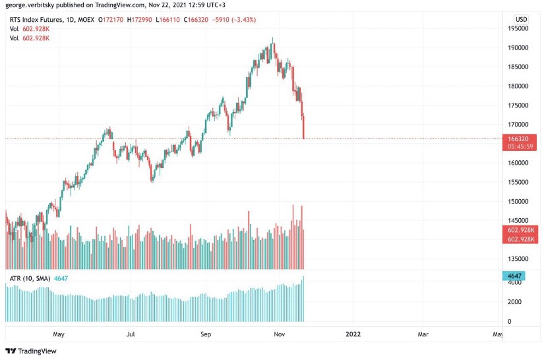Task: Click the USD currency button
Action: pyautogui.click(x=522, y=19)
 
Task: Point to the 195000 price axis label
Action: pyautogui.click(x=518, y=28)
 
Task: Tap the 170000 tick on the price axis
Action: pyautogui.click(x=518, y=125)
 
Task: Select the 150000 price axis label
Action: pyautogui.click(x=518, y=201)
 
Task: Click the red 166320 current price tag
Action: pyautogui.click(x=518, y=138)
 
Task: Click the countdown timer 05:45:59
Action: pyautogui.click(x=520, y=146)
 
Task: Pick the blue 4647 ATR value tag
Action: pyautogui.click(x=514, y=276)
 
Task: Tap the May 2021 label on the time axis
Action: pyautogui.click(x=59, y=334)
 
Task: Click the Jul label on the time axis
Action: pyautogui.click(x=130, y=334)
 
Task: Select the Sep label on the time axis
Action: pyautogui.click(x=206, y=334)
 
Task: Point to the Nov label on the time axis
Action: pyautogui.click(x=280, y=334)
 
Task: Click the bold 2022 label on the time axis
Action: pyautogui.click(x=353, y=334)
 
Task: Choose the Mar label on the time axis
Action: pyautogui.click(x=423, y=334)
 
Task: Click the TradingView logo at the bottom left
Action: pyautogui.click(x=31, y=351)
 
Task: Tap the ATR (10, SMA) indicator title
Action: pyautogui.click(x=30, y=278)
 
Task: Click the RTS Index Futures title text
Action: pyautogui.click(x=36, y=20)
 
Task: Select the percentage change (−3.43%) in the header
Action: pyautogui.click(x=244, y=20)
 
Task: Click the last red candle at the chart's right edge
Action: pyautogui.click(x=304, y=127)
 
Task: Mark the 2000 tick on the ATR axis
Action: pyautogui.click(x=514, y=302)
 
